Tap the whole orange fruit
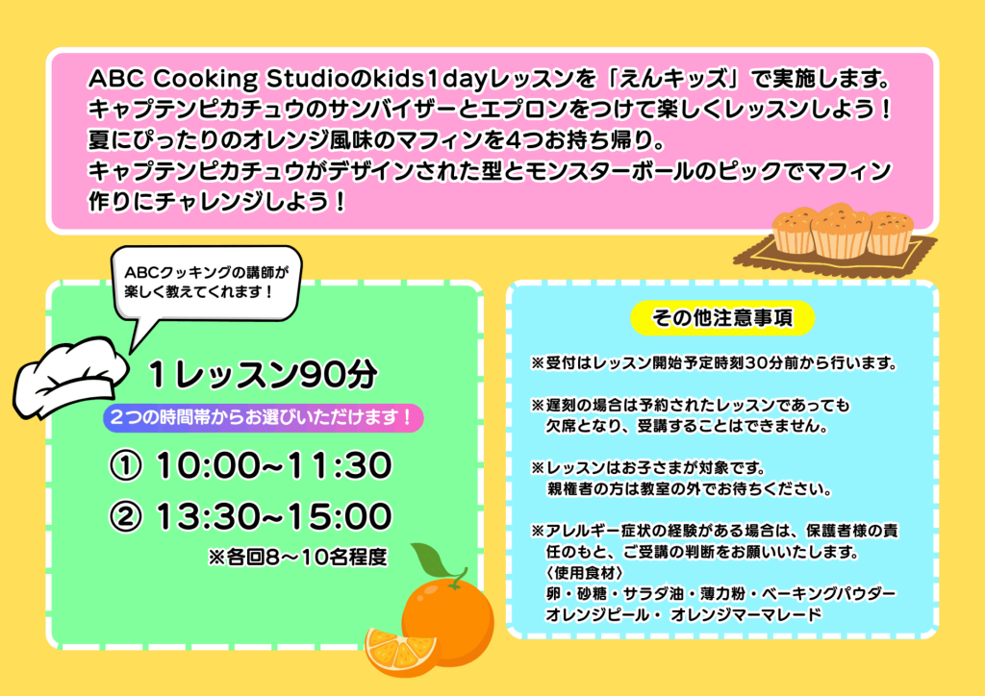pos(448,621)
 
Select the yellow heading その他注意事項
pos(722,317)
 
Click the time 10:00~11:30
pos(274,466)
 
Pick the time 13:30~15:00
pos(274,516)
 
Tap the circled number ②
pos(126,517)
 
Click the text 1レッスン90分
pos(264,375)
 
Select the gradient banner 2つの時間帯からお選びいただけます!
pos(264,417)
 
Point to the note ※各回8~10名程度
pos(298,557)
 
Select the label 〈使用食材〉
pos(584,573)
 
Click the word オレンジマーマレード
pos(745,614)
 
